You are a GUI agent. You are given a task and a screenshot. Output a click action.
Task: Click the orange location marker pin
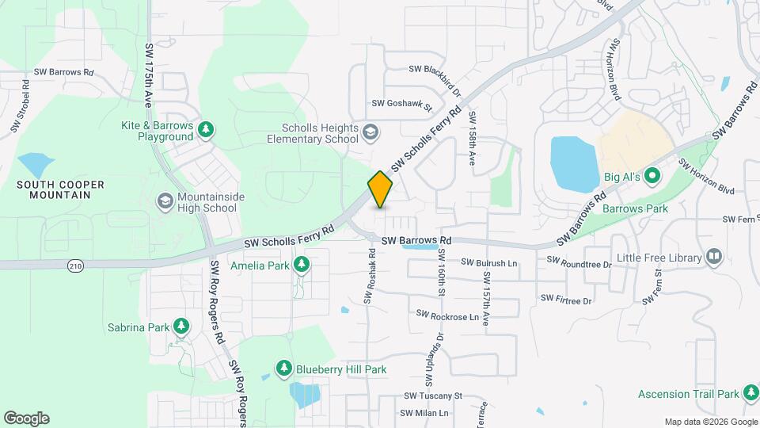[380, 189]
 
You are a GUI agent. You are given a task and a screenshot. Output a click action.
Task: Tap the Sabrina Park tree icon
[181, 326]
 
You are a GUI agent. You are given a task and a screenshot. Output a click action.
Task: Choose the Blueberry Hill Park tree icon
[284, 369]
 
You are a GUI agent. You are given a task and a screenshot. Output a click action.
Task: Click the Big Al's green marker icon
[652, 175]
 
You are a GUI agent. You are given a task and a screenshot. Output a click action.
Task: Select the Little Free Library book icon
[714, 257]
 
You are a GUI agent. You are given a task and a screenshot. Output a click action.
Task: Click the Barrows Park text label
[635, 209]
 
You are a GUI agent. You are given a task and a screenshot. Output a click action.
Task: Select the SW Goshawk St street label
[401, 104]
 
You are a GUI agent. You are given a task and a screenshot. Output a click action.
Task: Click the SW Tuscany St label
[432, 396]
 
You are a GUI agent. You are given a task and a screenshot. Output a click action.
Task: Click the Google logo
[26, 418]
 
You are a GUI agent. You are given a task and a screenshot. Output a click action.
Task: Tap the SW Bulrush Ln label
[488, 262]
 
